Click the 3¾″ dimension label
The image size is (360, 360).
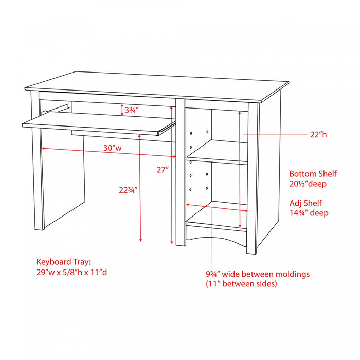132,111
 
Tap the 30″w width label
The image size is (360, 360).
113,148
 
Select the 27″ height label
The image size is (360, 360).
163,170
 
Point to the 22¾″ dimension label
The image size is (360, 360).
128,190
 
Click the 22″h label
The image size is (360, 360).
318,134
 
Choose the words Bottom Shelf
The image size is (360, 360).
313,174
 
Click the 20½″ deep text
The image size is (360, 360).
308,184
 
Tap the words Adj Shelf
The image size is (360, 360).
305,203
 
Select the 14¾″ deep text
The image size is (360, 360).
309,213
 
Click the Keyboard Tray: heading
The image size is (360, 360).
64,262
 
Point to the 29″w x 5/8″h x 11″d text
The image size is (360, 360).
71,272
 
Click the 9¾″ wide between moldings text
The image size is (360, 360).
258,274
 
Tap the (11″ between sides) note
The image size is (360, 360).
241,284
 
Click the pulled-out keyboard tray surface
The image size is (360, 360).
99,123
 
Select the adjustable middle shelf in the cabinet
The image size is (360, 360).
217,152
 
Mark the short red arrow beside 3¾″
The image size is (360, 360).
122,110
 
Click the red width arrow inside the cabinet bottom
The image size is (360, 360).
217,208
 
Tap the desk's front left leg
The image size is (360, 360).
37,160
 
